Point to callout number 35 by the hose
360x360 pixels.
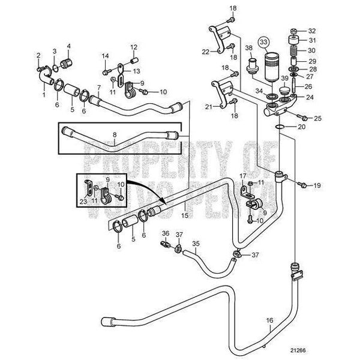195,245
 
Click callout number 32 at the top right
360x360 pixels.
311,31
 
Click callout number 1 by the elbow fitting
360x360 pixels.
43,95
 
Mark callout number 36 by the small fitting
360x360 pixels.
166,232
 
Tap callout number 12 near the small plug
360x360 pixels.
134,46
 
